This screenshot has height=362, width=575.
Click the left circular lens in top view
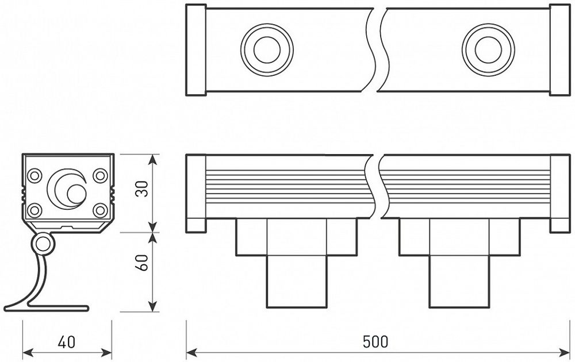[x=266, y=48]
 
